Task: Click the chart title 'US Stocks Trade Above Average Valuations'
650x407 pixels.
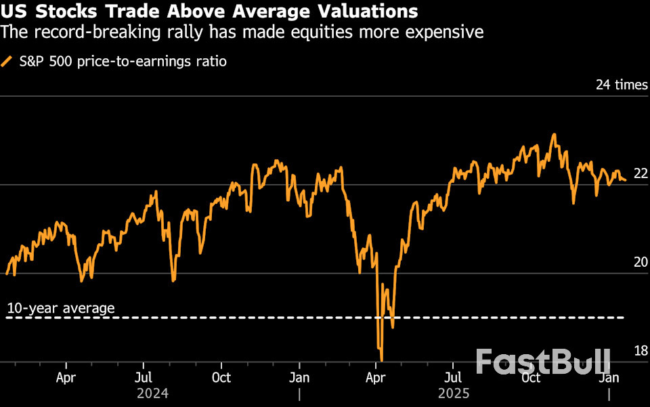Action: coord(209,12)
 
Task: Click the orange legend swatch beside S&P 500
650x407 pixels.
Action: coord(7,62)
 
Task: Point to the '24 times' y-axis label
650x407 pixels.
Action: coord(622,85)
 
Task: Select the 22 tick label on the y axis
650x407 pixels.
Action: coord(640,173)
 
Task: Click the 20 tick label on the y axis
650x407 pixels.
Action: coord(640,262)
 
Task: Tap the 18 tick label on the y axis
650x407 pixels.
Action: coord(640,350)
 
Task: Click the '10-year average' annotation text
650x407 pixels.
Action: coord(61,309)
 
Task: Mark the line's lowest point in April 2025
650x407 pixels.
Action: coord(382,360)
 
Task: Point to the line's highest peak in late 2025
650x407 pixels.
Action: coord(554,134)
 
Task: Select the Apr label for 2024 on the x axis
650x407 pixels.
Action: coord(66,377)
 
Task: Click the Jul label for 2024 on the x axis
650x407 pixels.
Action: coord(143,377)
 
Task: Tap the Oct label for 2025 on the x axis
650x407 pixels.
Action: coord(532,377)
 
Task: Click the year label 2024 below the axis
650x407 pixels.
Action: coord(152,393)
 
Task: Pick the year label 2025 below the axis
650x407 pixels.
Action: coord(453,393)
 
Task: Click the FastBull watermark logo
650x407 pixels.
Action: coord(542,361)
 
